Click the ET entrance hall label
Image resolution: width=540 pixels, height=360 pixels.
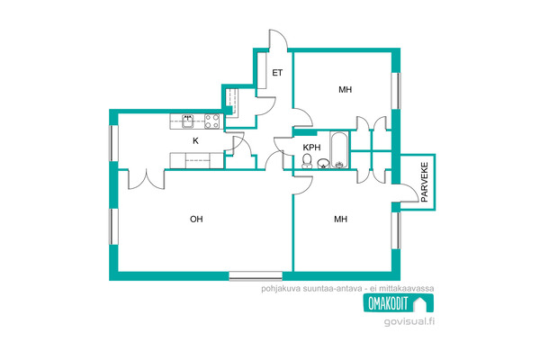click(277, 73)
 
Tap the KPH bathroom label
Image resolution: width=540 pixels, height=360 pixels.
click(311, 148)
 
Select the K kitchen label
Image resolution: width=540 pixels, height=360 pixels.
click(195, 141)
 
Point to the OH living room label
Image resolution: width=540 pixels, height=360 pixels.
click(196, 219)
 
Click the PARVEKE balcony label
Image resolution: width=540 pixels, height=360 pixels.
click(424, 182)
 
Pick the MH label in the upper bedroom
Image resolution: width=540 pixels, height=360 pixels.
click(345, 90)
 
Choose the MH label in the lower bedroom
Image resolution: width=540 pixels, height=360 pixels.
click(340, 219)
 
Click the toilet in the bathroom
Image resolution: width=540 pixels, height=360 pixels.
click(307, 161)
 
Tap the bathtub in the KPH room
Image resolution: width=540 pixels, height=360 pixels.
click(339, 150)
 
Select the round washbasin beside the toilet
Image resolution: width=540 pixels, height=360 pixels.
click(323, 163)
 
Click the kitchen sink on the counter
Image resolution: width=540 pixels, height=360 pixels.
click(188, 121)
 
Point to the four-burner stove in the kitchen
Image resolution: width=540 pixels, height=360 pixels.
click(212, 121)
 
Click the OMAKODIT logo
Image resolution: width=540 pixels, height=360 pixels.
click(399, 303)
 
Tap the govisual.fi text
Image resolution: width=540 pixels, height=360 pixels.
click(409, 321)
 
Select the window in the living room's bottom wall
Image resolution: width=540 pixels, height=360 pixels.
click(256, 276)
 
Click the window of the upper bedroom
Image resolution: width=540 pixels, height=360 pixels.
click(396, 91)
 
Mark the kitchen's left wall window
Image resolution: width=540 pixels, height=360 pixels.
click(113, 143)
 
